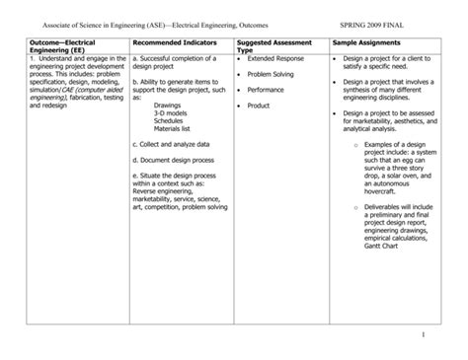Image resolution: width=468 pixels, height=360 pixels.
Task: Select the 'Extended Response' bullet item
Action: click(275, 58)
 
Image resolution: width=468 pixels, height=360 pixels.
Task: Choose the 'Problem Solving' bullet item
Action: click(271, 74)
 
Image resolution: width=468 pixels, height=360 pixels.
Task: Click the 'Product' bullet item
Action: click(259, 105)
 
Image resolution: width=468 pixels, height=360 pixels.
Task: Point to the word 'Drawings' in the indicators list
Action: click(169, 106)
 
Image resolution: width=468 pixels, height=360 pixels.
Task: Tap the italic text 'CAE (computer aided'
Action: click(78, 90)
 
